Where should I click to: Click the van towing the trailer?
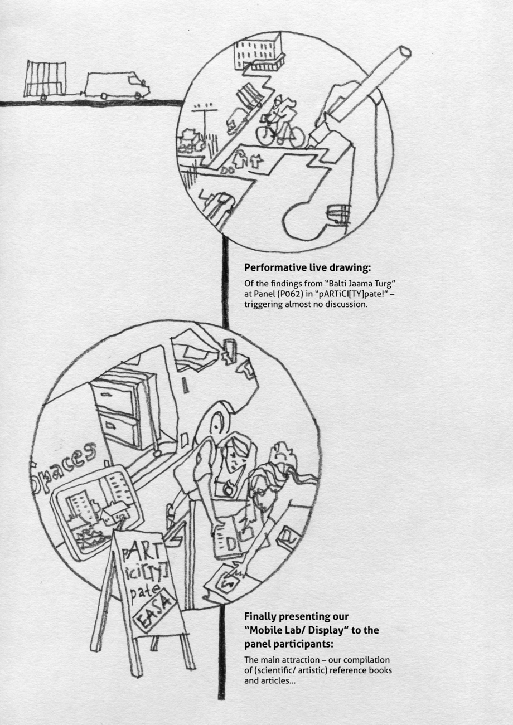117,85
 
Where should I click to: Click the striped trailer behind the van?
45,79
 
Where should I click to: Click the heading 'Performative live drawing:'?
307,267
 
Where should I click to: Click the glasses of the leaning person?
258,494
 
